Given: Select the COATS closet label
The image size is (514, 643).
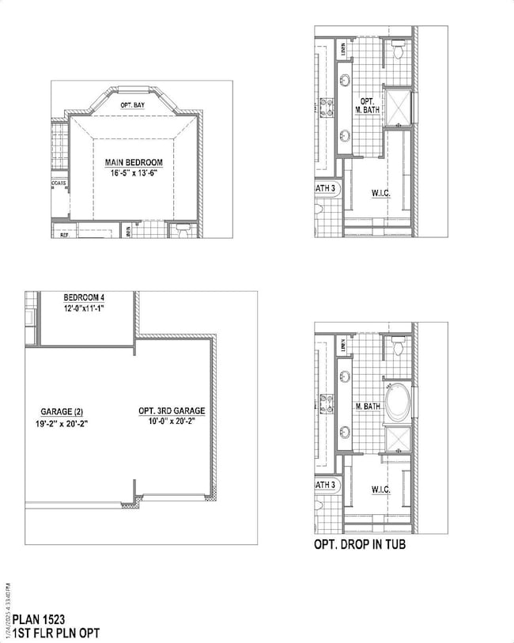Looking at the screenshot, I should (x=59, y=183).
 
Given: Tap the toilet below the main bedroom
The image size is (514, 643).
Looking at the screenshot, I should (x=183, y=233).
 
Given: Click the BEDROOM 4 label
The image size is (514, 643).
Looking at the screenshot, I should (x=83, y=297).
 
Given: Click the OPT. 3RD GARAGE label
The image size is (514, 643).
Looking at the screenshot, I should (x=172, y=411).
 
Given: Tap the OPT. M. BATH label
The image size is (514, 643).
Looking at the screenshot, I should (x=368, y=106).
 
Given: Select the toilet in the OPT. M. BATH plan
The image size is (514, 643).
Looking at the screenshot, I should (x=399, y=53).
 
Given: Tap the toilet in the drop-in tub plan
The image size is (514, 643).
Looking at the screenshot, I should (x=399, y=347).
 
